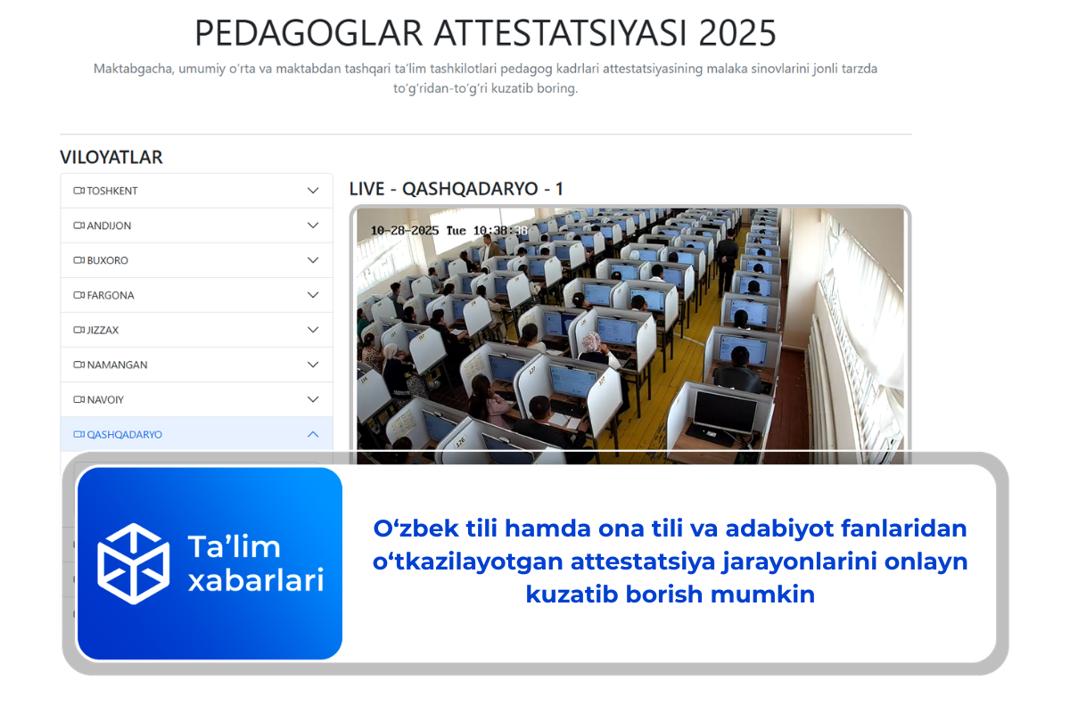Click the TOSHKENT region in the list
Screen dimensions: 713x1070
coord(112,191)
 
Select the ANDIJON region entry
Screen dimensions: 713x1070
coord(109,225)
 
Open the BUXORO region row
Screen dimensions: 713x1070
coord(107,260)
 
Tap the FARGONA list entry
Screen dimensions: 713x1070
coord(111,295)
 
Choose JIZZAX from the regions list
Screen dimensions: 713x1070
coord(103,330)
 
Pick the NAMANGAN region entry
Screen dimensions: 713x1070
coord(117,365)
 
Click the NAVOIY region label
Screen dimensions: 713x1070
coord(105,399)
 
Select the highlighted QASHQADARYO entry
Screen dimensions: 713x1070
coord(124,434)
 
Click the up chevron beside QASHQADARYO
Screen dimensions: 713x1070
coord(313,434)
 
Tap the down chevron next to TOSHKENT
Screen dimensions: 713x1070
coord(313,191)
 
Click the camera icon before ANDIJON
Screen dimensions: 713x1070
coord(78,225)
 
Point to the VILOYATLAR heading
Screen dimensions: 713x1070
coord(111,158)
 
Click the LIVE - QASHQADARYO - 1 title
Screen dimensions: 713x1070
coord(456,189)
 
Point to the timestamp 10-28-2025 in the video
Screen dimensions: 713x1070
coord(407,230)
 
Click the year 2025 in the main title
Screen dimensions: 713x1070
coord(737,34)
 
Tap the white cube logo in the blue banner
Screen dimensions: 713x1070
coord(133,563)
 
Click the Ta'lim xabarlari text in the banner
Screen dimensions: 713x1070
coord(255,563)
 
